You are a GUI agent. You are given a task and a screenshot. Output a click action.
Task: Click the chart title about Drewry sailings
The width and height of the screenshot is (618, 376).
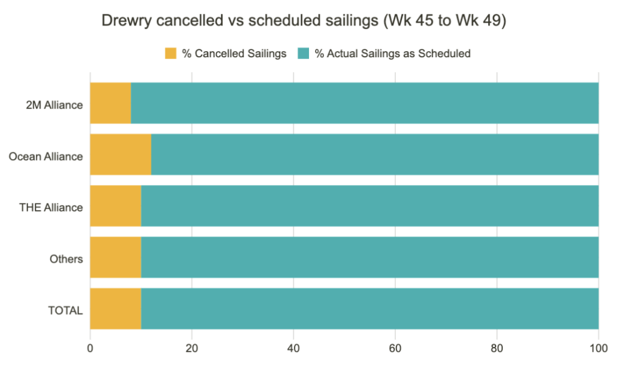304,20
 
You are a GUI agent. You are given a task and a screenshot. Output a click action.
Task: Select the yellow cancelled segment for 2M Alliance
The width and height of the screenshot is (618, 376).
110,103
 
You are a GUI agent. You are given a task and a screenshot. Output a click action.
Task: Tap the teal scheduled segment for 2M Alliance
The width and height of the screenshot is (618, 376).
365,103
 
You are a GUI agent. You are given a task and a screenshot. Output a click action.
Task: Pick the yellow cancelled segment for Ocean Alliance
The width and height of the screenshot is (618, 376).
121,154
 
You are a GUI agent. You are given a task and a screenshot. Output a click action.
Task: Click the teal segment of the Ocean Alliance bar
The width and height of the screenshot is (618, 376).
374,154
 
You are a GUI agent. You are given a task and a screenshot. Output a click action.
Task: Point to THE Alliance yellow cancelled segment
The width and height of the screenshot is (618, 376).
115,206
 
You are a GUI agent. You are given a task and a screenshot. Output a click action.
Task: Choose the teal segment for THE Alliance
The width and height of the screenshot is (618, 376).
369,206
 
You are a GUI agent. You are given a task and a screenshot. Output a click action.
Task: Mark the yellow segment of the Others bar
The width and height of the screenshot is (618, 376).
115,257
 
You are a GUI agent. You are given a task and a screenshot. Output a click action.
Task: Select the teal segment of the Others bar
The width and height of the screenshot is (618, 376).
369,257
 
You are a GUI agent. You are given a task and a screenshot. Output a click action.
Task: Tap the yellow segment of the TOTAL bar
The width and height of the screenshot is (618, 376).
115,309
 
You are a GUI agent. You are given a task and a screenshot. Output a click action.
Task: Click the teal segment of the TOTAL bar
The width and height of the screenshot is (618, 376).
369,309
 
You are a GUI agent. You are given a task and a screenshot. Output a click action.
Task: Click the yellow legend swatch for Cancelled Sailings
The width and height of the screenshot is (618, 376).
171,54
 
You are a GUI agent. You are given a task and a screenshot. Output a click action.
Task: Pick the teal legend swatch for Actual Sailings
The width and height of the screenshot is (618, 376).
303,54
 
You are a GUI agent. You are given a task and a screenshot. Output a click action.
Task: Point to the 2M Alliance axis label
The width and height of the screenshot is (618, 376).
55,105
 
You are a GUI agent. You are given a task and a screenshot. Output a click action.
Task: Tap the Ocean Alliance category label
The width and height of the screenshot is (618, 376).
46,157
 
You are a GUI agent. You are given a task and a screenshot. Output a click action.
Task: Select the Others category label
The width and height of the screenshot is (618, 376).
66,259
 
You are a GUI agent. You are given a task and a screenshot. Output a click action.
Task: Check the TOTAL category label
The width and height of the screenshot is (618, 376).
66,310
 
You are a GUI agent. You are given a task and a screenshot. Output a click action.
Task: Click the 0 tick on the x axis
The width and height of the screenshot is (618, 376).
90,348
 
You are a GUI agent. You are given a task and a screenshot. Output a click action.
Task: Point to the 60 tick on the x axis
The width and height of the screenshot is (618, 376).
395,348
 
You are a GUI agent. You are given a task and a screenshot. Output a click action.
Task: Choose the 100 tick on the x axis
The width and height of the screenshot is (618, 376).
598,348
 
